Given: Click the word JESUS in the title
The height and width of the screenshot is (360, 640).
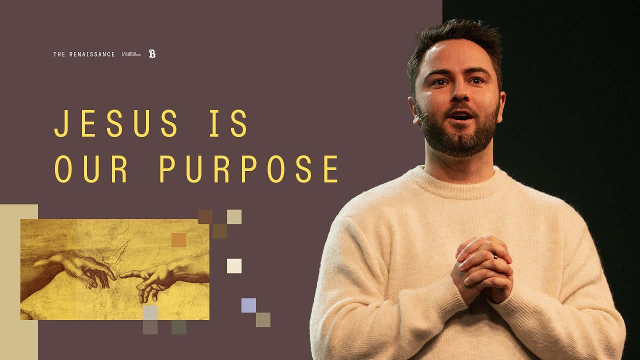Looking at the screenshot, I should [116, 123].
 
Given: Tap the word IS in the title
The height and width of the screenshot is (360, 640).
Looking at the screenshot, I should [228, 123].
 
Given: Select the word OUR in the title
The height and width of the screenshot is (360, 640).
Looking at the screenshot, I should [91, 168].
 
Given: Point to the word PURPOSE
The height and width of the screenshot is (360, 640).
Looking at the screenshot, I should [249, 168].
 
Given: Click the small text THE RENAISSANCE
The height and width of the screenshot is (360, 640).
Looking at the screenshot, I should [84, 54].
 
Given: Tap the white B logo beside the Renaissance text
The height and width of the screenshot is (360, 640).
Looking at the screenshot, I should [152, 54].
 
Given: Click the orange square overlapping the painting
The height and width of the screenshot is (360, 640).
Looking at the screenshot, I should [179, 240].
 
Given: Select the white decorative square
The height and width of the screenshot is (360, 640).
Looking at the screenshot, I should [234, 266].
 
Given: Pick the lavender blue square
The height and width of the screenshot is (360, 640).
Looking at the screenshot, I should [248, 305].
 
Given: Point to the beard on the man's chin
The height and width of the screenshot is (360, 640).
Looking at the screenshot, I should [460, 137].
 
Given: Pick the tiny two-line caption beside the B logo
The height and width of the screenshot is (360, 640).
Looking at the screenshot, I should [131, 54].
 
